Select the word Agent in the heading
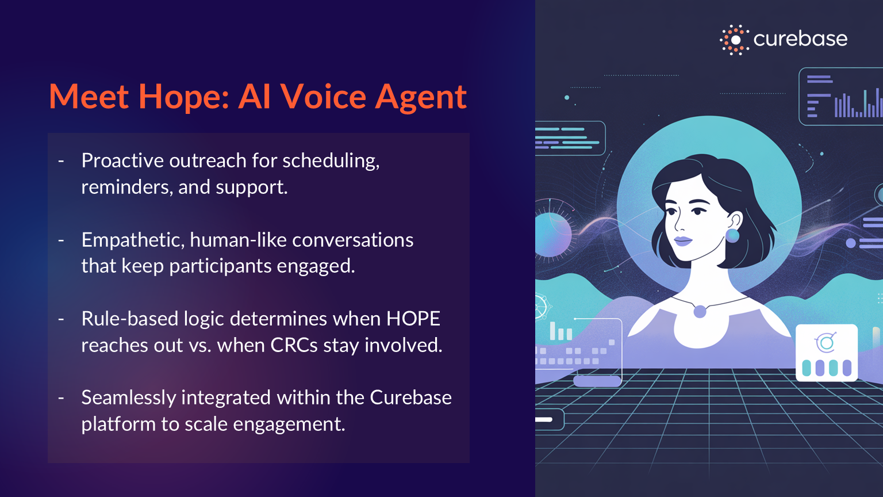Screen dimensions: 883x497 coord(421,98)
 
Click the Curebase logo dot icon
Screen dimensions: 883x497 coord(735,40)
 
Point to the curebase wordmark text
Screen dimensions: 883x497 coord(800,39)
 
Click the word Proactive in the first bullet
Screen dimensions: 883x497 coord(122,160)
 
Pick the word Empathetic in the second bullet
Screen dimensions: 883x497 coord(133,240)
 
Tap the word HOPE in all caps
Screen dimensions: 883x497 coord(413,319)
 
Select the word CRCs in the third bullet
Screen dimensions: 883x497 coord(294,345)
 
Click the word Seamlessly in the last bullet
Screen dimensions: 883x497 coord(129,398)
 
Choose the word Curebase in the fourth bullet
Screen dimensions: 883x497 coord(411,397)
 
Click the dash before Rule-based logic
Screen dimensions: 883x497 coord(61,319)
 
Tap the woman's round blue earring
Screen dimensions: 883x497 coord(732,235)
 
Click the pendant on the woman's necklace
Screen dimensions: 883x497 coord(700,312)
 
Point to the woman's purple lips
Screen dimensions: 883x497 coord(683,240)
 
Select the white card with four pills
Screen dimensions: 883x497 coord(827,353)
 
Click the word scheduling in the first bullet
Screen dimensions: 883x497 coord(331,161)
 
